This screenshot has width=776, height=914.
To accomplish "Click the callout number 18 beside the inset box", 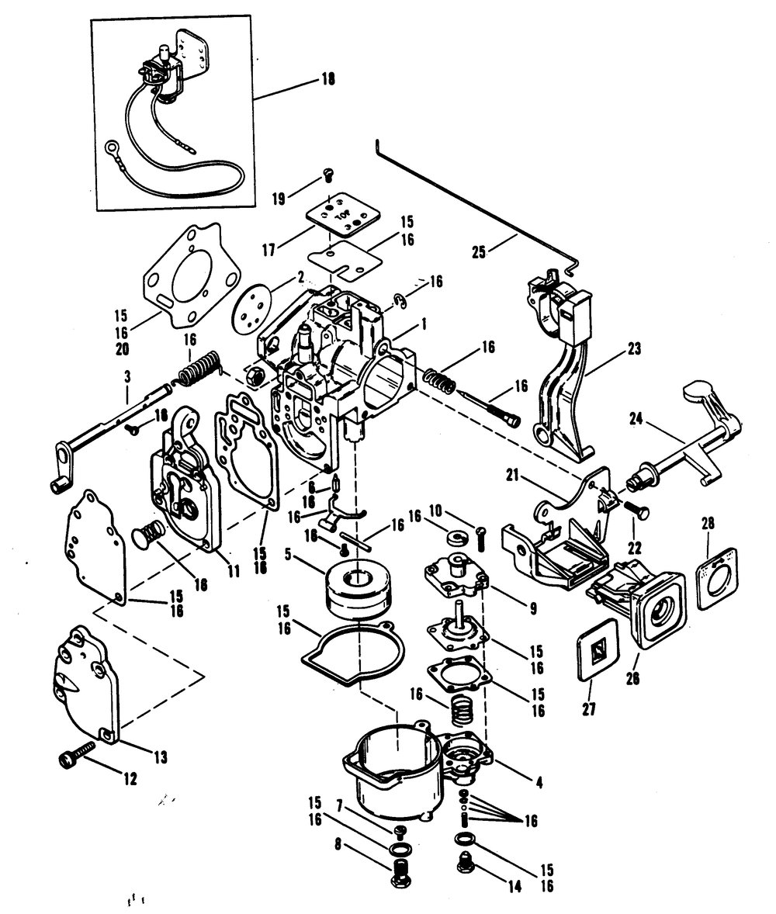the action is (328, 80).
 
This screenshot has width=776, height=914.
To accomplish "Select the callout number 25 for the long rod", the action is (479, 253).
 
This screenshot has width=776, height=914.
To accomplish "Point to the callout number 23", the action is (634, 348).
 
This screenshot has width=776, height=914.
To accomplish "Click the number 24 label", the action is (636, 418).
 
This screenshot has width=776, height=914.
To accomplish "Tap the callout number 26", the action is (632, 678).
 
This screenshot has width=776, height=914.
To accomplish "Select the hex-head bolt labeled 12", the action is (77, 753).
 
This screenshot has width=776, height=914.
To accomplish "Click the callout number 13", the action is (161, 757).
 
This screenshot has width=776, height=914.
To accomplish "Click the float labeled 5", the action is (358, 590).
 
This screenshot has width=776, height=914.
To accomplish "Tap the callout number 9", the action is (533, 608).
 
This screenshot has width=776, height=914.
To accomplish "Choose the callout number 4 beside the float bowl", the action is (539, 782).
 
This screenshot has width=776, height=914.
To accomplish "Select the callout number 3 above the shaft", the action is (127, 377).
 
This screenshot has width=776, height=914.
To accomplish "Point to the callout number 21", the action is (512, 476).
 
